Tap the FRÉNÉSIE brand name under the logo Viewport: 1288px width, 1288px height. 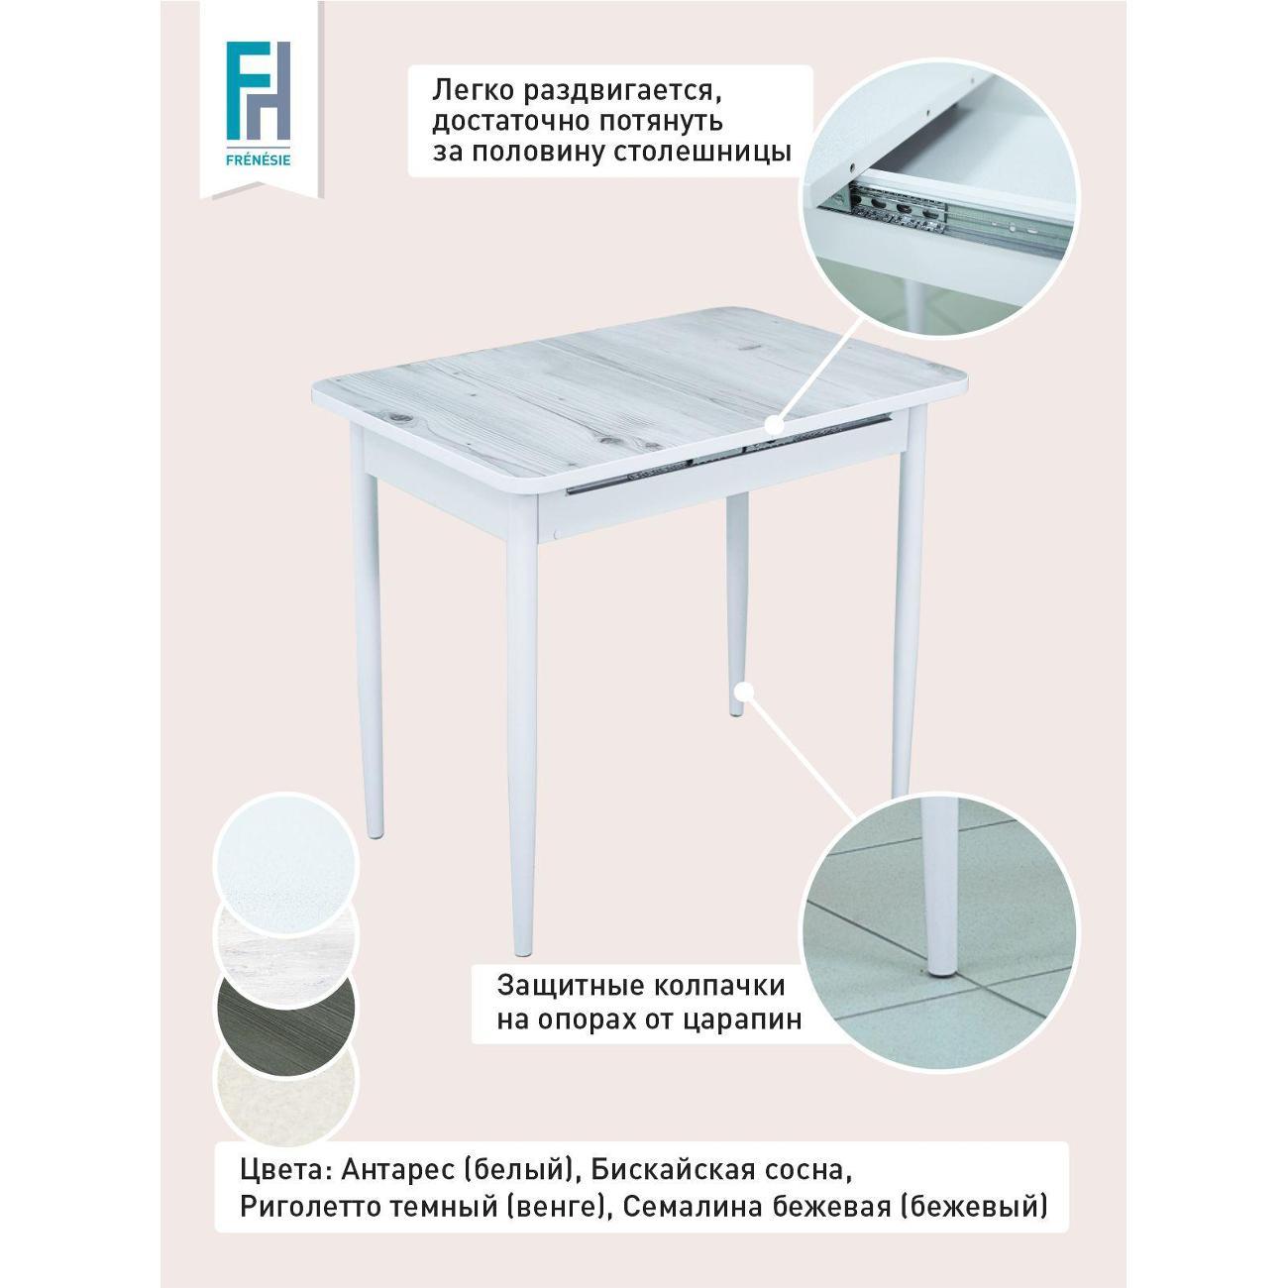(259, 161)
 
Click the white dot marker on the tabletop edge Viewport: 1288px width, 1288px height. (774, 425)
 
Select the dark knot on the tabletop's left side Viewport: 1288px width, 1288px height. (403, 418)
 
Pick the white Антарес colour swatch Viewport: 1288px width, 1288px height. (286, 864)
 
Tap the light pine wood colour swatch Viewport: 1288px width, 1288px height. (286, 935)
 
